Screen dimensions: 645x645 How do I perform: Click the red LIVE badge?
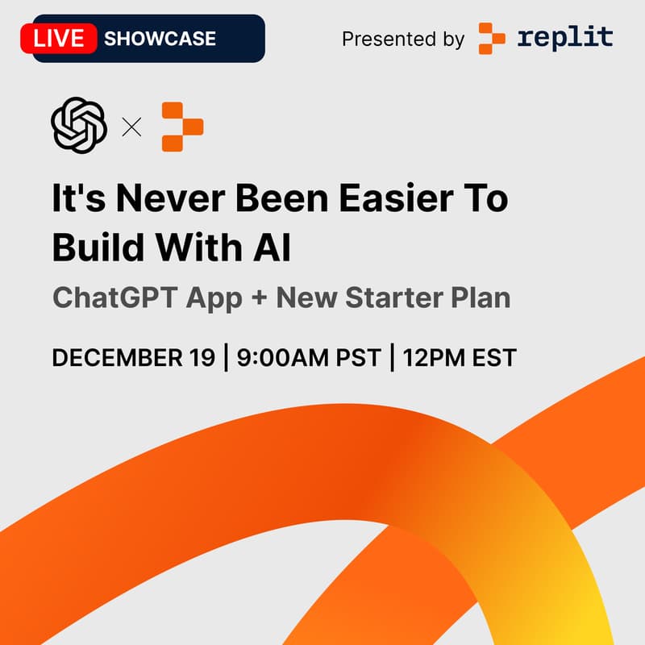tap(58, 38)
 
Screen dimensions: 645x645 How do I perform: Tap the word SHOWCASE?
tap(160, 38)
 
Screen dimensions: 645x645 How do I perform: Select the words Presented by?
tap(402, 39)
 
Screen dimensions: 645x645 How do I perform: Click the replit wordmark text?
tap(565, 37)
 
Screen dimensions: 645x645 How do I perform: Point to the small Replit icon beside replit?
tap(492, 38)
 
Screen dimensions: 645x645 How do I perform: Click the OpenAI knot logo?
tap(79, 125)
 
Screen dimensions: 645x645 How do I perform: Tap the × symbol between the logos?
tap(131, 127)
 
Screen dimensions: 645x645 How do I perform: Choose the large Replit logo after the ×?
tap(182, 127)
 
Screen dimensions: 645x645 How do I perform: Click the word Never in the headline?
tap(158, 198)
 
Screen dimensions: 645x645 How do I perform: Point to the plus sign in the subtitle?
tap(258, 298)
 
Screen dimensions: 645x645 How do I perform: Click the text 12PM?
tap(437, 357)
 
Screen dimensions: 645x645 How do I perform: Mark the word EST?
tap(494, 357)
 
